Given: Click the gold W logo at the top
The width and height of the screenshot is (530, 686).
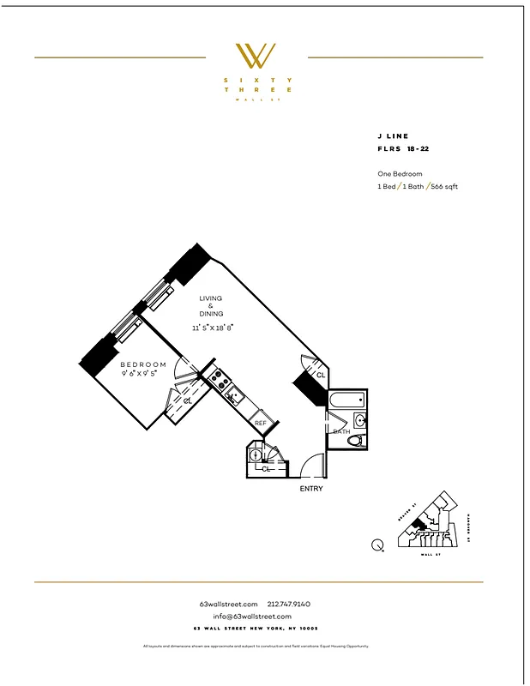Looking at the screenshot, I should [x=256, y=56].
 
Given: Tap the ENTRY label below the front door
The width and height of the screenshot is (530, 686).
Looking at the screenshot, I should [x=310, y=489].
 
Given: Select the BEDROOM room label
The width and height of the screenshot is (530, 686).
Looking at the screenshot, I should [x=143, y=364].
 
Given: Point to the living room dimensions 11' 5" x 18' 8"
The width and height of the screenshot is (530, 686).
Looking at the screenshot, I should [x=212, y=327].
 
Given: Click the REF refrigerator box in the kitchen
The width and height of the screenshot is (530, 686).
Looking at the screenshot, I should [x=261, y=423].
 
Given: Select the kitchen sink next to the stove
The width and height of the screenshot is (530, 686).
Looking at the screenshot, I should [x=231, y=395].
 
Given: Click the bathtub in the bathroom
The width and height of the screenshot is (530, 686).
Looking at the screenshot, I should [x=347, y=400].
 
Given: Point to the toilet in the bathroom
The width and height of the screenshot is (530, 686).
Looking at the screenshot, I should [x=356, y=441].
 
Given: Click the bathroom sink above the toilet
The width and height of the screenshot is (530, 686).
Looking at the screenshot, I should [x=360, y=420].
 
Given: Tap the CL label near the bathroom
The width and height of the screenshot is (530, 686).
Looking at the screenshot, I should [x=321, y=376].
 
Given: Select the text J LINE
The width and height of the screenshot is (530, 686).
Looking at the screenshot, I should [x=393, y=136].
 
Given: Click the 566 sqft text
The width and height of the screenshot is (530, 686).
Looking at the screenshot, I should [x=443, y=186].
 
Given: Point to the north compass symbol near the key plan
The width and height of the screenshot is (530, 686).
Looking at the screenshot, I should [x=377, y=544].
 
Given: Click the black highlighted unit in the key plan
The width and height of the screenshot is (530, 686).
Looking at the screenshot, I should [x=418, y=524].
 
